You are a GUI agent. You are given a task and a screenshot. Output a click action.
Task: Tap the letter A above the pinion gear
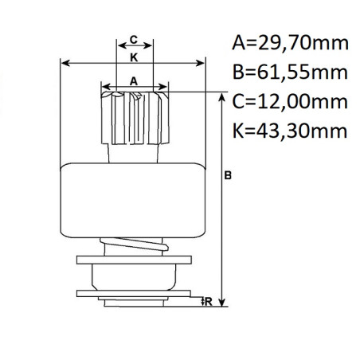click(x=134, y=80)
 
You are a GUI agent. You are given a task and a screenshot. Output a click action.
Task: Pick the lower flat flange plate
click(x=134, y=293)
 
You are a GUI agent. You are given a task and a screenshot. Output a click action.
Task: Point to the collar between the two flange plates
click(x=133, y=276)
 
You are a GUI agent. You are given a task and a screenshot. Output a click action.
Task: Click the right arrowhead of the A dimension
click(x=165, y=83)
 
